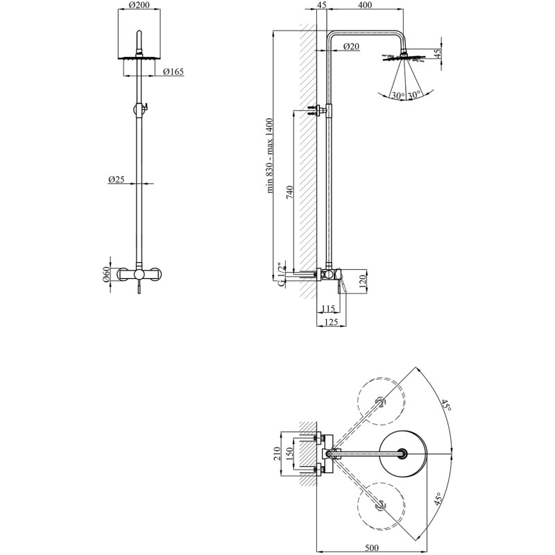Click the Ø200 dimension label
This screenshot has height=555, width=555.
(139, 5)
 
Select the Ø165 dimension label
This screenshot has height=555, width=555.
(173, 72)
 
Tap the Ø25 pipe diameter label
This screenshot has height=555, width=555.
(117, 180)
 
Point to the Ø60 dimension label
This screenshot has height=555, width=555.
(105, 275)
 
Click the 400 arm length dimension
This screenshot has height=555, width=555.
(365, 5)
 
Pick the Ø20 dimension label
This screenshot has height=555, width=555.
(352, 46)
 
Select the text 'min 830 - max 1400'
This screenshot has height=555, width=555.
(271, 155)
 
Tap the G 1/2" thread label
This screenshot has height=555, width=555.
(282, 275)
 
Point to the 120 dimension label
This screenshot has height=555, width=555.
(361, 282)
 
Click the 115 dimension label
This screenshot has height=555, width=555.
(328, 309)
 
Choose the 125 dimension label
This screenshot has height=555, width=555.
(331, 322)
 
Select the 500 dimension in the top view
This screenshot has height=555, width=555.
(371, 548)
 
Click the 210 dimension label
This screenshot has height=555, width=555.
(277, 454)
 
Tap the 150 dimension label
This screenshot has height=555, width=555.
(290, 454)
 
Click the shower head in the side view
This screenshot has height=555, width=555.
(403, 58)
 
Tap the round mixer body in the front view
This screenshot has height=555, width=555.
(139, 274)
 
